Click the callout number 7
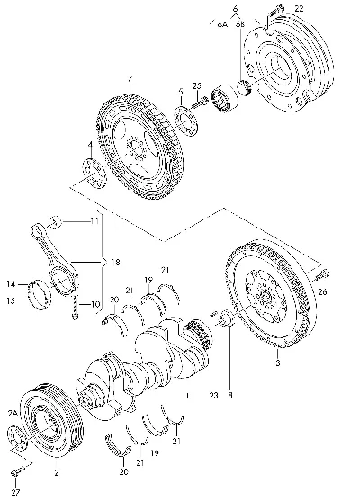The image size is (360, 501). click(130, 78)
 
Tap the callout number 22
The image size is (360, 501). click(299, 9)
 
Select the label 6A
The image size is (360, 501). click(222, 24)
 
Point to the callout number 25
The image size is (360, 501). click(197, 85)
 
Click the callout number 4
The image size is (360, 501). click(90, 145)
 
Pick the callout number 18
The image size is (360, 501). click(116, 263)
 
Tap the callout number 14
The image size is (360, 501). click(11, 283)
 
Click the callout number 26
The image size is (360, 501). click(322, 291)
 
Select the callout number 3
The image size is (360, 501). click(278, 363)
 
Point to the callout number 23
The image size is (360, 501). click(213, 396)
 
